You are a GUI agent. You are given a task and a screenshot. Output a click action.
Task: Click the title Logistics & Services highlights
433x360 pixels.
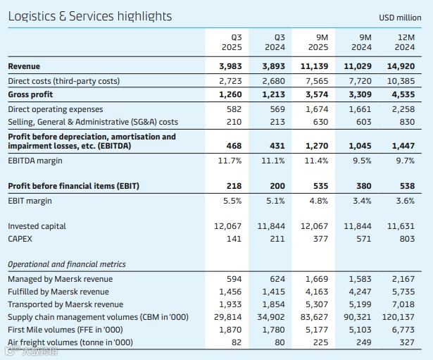pos(89,16)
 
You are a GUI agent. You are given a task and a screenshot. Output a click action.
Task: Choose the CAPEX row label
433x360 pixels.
pos(21,240)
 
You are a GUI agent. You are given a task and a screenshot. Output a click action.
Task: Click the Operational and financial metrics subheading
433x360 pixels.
pos(67,264)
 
